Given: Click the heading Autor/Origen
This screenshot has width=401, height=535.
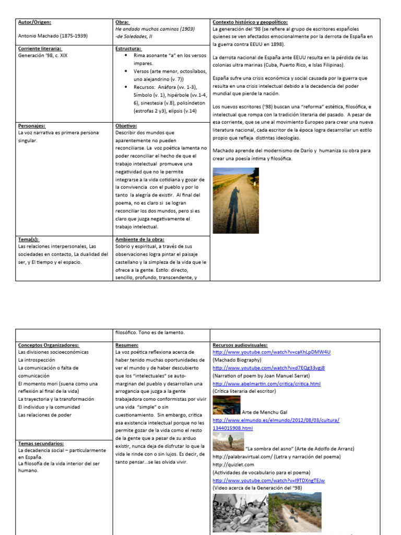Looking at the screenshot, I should (34, 22).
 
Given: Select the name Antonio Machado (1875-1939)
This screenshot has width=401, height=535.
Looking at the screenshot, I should (53, 36).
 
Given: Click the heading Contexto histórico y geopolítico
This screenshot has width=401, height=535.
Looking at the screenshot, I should (250, 22).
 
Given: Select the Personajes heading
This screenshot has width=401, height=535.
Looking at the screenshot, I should (32, 126).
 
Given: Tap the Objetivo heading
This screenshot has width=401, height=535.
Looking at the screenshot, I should (126, 126).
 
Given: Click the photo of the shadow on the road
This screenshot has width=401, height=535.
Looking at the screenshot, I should (235, 200).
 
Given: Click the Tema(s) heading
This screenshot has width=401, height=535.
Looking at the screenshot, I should (29, 239).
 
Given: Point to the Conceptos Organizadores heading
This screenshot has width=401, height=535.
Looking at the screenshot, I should (49, 345).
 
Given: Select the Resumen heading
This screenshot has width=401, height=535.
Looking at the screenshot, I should (127, 345).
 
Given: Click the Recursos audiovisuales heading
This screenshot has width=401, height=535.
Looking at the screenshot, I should (240, 345).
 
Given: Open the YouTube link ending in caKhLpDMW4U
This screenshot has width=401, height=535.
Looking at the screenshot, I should (272, 352).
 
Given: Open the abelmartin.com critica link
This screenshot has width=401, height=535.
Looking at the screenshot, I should (266, 383).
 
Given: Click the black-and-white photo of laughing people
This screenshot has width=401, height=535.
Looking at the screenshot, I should (239, 513).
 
